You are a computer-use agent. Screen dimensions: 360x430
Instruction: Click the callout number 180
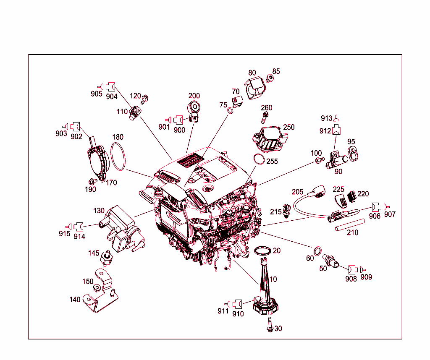click(x=118, y=137)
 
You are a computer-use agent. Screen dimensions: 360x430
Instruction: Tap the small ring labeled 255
click(x=259, y=159)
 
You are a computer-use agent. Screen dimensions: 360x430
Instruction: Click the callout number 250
click(x=289, y=127)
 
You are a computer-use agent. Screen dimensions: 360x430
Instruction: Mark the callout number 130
click(x=99, y=210)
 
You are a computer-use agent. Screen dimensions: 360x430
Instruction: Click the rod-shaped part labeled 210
click(x=349, y=224)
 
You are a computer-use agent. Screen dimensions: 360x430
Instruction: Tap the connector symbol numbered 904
click(x=111, y=87)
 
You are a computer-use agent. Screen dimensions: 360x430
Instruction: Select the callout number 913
click(x=326, y=118)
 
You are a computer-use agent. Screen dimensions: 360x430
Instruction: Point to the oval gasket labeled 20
click(x=263, y=250)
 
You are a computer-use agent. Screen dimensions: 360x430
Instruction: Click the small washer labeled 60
click(x=318, y=251)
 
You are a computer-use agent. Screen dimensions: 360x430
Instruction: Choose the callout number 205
click(x=297, y=192)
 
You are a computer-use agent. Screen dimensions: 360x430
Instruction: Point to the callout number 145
click(x=94, y=253)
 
